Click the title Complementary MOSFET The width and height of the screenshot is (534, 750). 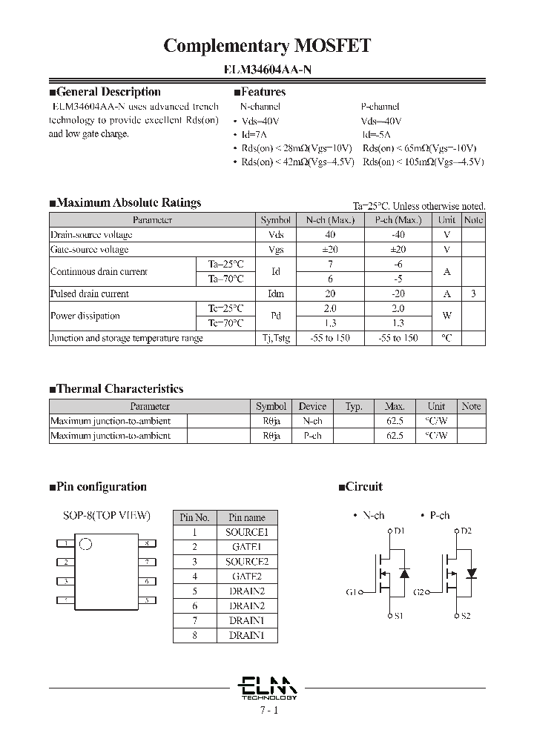[x=266, y=46]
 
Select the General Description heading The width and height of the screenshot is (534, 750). [x=105, y=92]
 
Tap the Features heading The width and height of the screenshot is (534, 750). [x=260, y=92]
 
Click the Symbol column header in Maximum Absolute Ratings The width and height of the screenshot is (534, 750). [x=276, y=220]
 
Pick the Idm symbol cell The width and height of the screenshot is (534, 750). [x=276, y=294]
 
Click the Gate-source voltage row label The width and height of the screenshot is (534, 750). [x=90, y=250]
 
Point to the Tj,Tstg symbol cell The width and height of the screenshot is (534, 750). [x=276, y=338]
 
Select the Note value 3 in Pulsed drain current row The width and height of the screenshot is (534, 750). [x=473, y=294]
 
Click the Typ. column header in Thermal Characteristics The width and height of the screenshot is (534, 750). [x=354, y=406]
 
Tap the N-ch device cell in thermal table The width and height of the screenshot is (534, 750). [x=312, y=421]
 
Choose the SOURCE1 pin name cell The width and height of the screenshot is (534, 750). [x=247, y=532]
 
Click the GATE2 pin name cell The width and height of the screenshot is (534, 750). [x=247, y=576]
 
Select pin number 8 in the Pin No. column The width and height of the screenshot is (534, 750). [x=195, y=635]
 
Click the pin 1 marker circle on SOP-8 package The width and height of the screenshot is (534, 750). [x=85, y=544]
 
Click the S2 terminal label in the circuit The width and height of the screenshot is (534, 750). [x=466, y=616]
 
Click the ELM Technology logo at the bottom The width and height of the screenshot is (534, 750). [x=268, y=687]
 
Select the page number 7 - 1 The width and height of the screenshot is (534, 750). [x=268, y=710]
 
